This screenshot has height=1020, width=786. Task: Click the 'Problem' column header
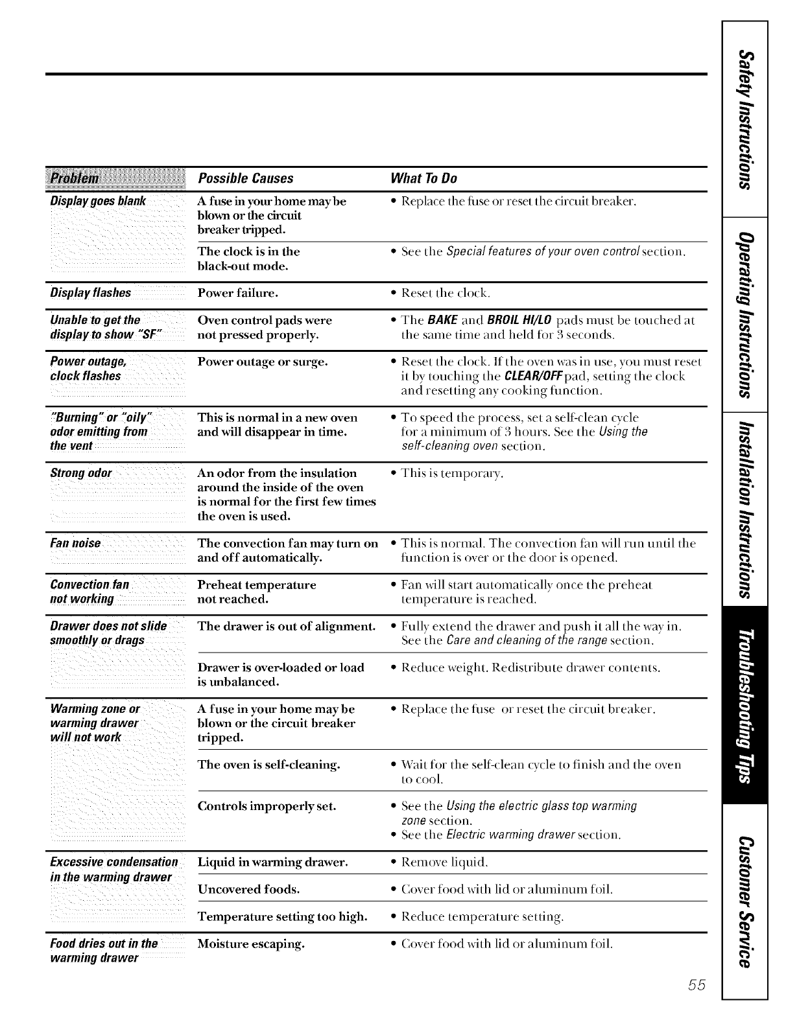75,178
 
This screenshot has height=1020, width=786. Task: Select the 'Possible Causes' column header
245,178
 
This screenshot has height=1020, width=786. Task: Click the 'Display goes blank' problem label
98,201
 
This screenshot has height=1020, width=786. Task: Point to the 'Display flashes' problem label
91,293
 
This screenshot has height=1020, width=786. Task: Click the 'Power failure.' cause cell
238,293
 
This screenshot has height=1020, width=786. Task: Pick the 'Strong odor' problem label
81,473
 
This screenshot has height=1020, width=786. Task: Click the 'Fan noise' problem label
76,543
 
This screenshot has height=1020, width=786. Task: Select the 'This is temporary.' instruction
452,473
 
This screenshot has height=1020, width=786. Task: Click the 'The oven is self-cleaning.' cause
269,765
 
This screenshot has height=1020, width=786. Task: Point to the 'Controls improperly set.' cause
267,806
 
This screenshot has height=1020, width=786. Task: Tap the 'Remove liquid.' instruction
444,863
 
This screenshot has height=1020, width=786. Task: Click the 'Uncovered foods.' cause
248,889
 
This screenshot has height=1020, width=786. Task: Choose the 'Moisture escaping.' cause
251,944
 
